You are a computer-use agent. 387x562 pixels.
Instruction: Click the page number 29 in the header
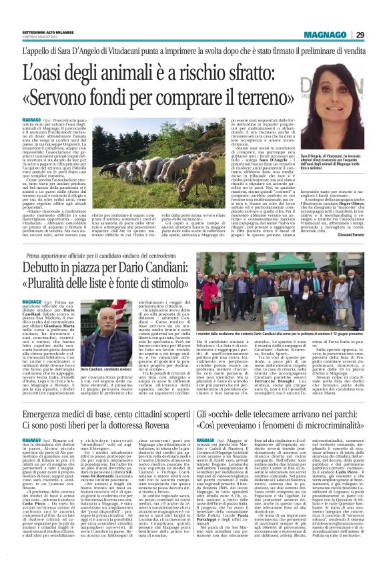tap(359, 35)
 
